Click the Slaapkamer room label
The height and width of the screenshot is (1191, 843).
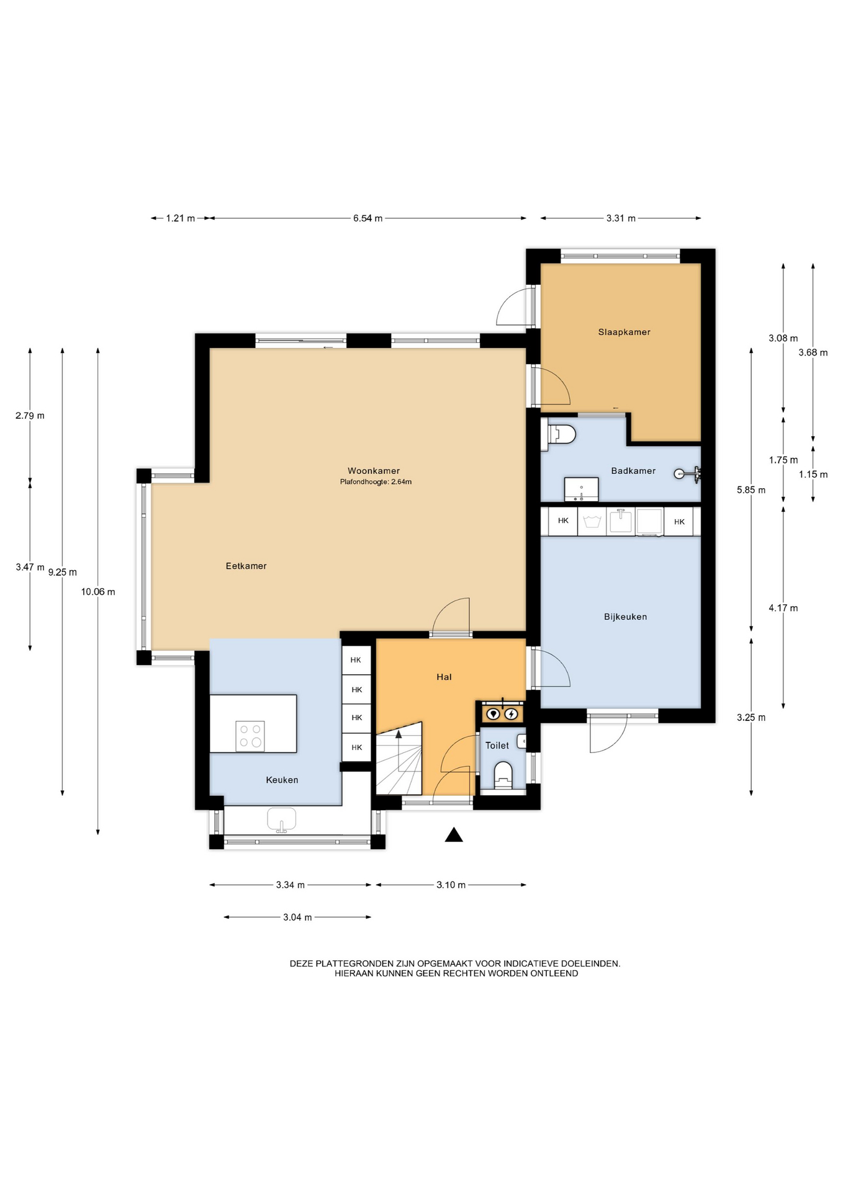(624, 332)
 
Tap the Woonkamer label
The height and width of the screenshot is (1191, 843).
(374, 471)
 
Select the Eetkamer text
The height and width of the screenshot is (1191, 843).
(246, 566)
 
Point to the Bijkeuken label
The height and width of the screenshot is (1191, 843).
(625, 617)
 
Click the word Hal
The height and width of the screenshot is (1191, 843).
(444, 677)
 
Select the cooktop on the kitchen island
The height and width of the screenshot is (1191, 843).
(250, 736)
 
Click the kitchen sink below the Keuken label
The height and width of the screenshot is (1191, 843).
(281, 819)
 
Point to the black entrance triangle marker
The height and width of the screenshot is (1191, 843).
(454, 836)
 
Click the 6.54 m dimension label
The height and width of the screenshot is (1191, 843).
(367, 218)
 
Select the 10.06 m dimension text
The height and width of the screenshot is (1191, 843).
(98, 592)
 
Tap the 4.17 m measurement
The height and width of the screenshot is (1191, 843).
(783, 608)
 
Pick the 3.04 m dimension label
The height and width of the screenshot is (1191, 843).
(297, 917)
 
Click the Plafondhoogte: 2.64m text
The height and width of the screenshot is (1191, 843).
(376, 482)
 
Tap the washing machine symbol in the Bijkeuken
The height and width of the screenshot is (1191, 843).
(592, 521)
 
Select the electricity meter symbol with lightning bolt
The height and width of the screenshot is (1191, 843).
(511, 714)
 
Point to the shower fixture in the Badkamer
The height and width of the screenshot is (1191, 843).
(687, 474)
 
